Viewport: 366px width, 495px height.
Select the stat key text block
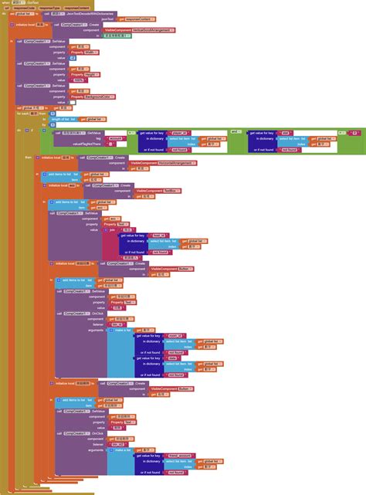286,132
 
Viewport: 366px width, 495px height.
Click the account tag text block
117,137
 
